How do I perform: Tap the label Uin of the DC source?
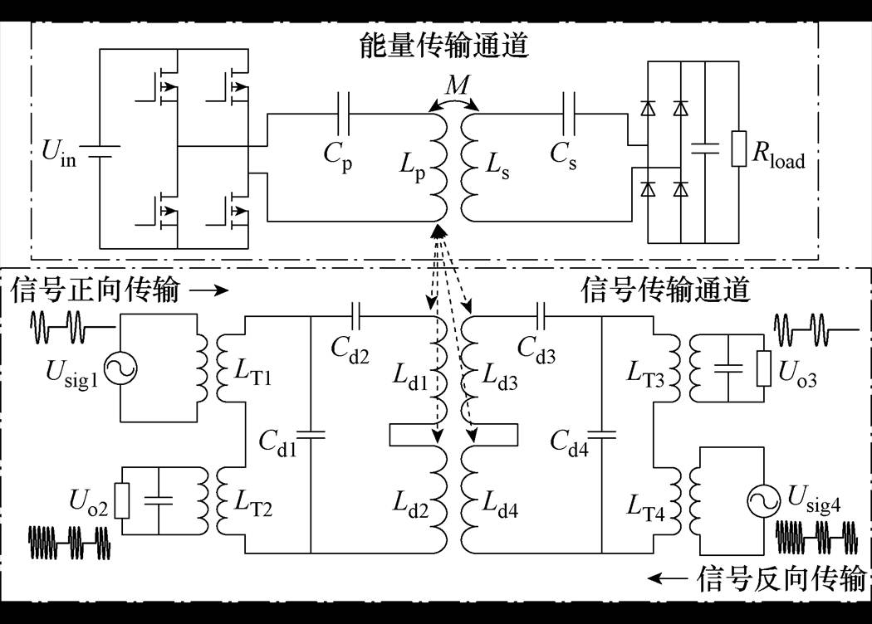pyautogui.click(x=57, y=154)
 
